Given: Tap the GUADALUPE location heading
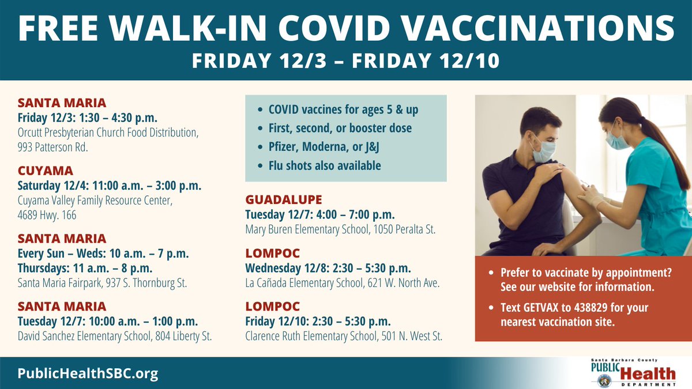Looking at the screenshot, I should tap(284, 200).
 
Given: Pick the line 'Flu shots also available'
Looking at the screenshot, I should tap(325, 165).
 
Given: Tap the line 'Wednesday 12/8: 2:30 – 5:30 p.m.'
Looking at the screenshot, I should tap(328, 268).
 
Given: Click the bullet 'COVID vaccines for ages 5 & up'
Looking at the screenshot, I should tap(343, 109).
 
